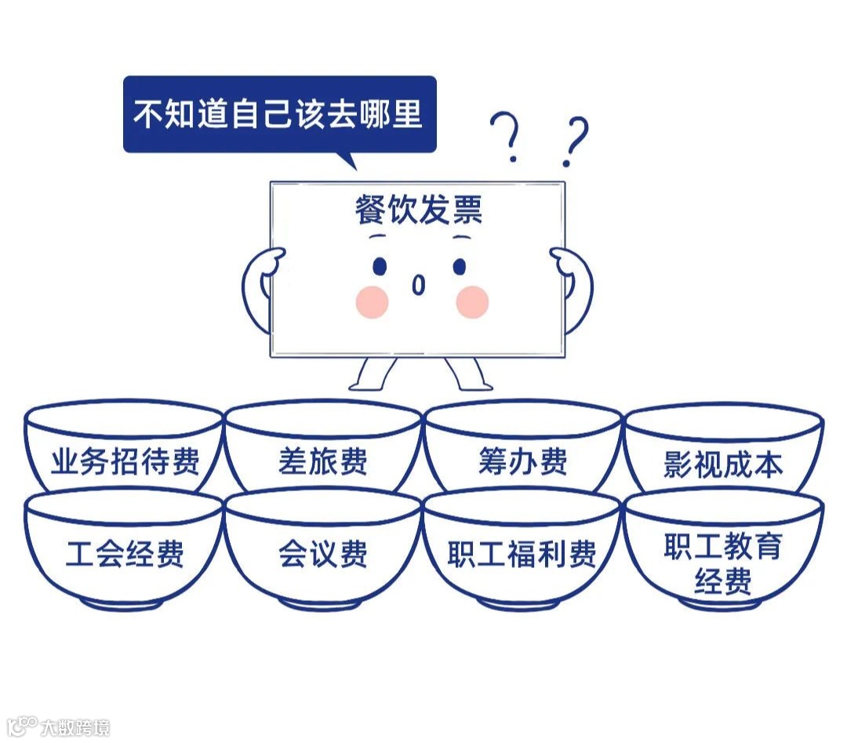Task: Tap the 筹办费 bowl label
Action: pyautogui.click(x=522, y=461)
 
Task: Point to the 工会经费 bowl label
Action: pyautogui.click(x=125, y=554)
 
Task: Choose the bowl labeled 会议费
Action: pyautogui.click(x=322, y=554)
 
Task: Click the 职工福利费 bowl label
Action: pyautogui.click(x=522, y=555)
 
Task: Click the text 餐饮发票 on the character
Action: pyautogui.click(x=418, y=210)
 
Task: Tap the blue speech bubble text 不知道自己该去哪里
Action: pyautogui.click(x=278, y=114)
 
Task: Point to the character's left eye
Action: pyautogui.click(x=380, y=267)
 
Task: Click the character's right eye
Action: pyautogui.click(x=459, y=267)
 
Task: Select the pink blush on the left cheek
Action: pyautogui.click(x=372, y=302)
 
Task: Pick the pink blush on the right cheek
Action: pyautogui.click(x=472, y=302)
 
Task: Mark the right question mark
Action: pyautogui.click(x=574, y=141)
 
